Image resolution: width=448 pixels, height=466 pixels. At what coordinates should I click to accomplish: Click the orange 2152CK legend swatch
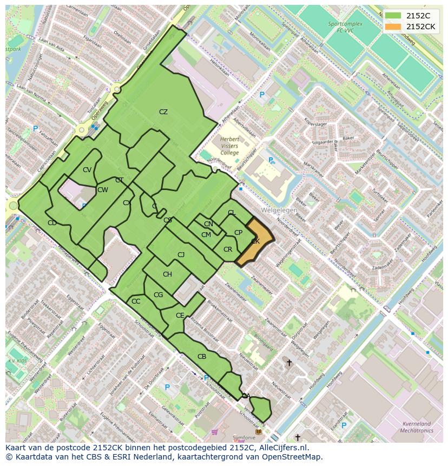(x=393, y=26)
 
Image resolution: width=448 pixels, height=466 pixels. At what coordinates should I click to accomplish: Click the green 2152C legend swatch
(x=393, y=16)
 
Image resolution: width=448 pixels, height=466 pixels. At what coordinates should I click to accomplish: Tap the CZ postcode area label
(x=163, y=112)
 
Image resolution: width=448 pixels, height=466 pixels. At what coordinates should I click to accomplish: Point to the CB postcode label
(x=202, y=357)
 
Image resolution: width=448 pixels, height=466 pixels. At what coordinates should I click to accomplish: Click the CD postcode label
(x=52, y=223)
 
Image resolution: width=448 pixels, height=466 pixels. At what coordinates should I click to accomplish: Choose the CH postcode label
(x=167, y=274)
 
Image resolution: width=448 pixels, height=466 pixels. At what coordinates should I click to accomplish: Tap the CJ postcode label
(x=181, y=254)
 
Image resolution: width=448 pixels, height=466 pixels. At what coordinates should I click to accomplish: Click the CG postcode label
(x=158, y=295)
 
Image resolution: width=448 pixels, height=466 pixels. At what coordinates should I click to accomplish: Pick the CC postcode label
(x=136, y=301)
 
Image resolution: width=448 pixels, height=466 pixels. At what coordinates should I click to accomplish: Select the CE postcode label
(x=180, y=316)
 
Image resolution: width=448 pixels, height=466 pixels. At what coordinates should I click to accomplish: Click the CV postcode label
(x=87, y=170)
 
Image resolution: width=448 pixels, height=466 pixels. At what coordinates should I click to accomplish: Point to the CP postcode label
(x=238, y=233)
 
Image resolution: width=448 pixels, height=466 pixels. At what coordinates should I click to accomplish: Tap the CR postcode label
(x=228, y=250)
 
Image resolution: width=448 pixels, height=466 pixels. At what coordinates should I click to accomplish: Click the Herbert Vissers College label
(x=229, y=146)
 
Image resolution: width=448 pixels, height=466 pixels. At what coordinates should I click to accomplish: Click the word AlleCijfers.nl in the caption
(x=282, y=448)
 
